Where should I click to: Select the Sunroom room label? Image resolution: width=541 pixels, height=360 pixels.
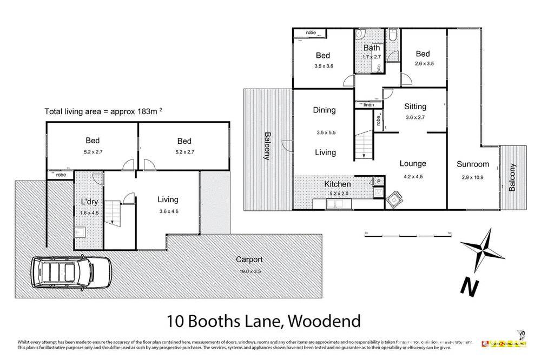(x=472, y=164)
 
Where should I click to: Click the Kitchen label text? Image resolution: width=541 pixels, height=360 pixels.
(x=337, y=184)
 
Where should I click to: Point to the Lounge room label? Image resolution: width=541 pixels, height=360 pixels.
(x=412, y=163)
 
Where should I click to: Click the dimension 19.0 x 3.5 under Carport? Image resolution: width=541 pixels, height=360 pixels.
(x=249, y=271)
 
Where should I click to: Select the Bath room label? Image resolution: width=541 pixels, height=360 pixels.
(x=371, y=48)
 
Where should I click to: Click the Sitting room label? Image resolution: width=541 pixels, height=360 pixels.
(x=415, y=106)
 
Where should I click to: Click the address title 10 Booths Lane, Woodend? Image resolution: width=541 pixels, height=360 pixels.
(x=263, y=322)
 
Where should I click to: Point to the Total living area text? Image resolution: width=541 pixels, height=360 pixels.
(x=103, y=112)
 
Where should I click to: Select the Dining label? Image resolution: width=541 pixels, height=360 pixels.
(x=324, y=110)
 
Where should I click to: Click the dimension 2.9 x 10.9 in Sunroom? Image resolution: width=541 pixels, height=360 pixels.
(x=472, y=177)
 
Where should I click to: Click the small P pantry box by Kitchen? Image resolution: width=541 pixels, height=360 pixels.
(x=379, y=181)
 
